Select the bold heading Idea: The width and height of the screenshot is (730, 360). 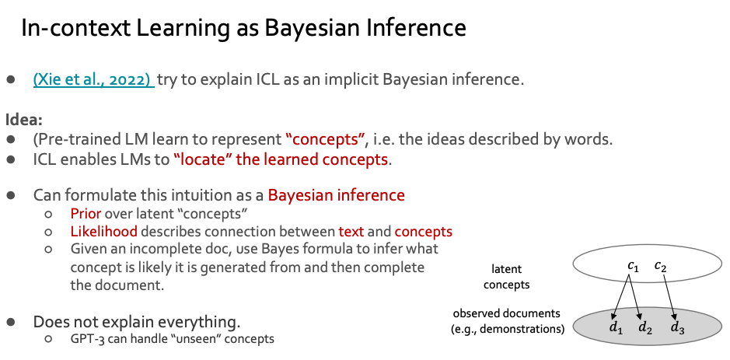click(x=23, y=121)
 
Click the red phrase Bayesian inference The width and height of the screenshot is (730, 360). click(x=336, y=195)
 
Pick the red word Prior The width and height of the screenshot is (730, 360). click(x=85, y=214)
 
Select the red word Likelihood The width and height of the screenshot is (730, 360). click(x=103, y=232)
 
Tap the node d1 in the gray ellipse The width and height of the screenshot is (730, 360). click(x=616, y=327)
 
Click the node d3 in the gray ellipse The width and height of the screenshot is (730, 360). click(x=678, y=327)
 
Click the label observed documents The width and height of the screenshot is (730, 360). click(x=506, y=313)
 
